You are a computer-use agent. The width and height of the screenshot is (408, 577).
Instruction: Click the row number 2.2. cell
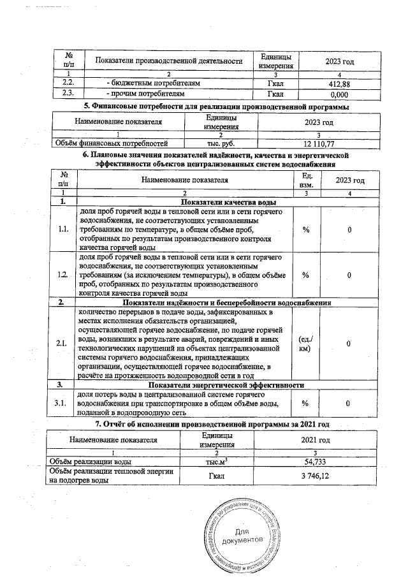[66, 84]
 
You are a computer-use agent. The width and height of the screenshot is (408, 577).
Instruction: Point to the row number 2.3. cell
[66, 94]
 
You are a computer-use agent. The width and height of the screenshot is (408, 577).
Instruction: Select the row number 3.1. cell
[61, 404]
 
